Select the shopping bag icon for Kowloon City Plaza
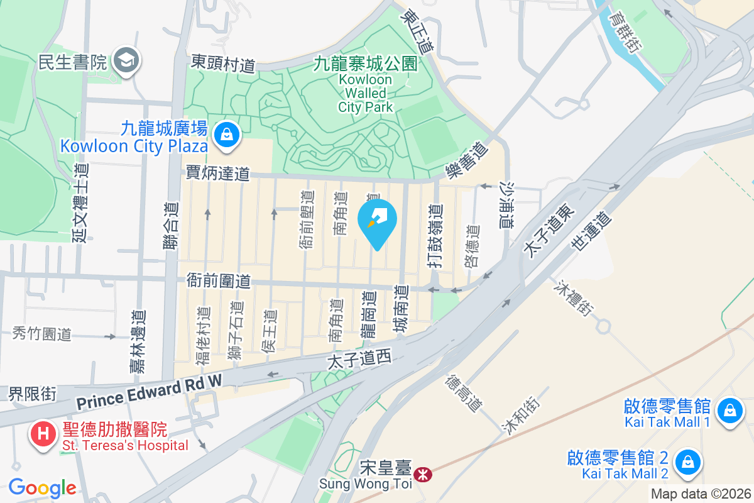click(224, 134)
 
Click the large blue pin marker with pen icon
click(377, 221)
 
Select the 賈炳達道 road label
click(218, 174)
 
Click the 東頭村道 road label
click(224, 64)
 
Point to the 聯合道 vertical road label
click(171, 227)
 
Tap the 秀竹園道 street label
click(41, 334)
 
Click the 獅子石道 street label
click(235, 331)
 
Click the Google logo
click(42, 488)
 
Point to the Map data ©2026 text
click(701, 494)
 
